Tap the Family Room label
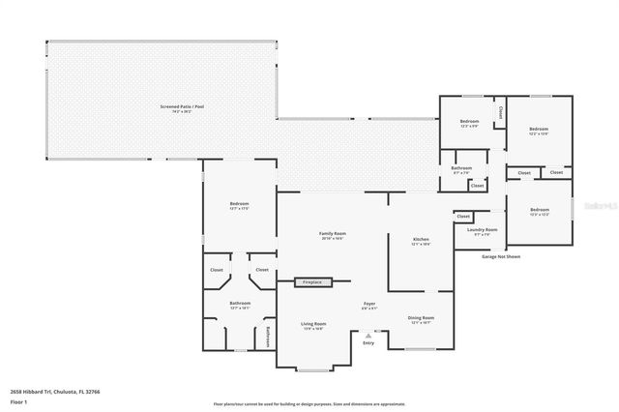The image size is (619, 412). [x=334, y=233]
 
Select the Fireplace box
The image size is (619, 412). [x=313, y=281]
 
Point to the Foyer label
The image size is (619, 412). [x=369, y=304]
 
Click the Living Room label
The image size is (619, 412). [x=312, y=323]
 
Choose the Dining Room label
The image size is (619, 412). [x=421, y=317]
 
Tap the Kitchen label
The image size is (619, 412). [x=421, y=238]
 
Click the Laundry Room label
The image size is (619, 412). [x=481, y=229]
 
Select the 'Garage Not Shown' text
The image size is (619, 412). [x=500, y=256]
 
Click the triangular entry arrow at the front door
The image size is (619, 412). [x=368, y=335]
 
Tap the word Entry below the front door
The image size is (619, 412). [x=368, y=343]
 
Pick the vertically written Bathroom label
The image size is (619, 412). [x=268, y=336]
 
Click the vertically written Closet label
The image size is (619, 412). [x=500, y=113]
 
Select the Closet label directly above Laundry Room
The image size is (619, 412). [x=463, y=216]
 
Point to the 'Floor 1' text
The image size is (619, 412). [x=18, y=400]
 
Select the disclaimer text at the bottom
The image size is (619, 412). [x=309, y=403]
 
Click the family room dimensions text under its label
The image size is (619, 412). [x=334, y=239]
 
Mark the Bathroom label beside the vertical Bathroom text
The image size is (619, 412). [x=239, y=303]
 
